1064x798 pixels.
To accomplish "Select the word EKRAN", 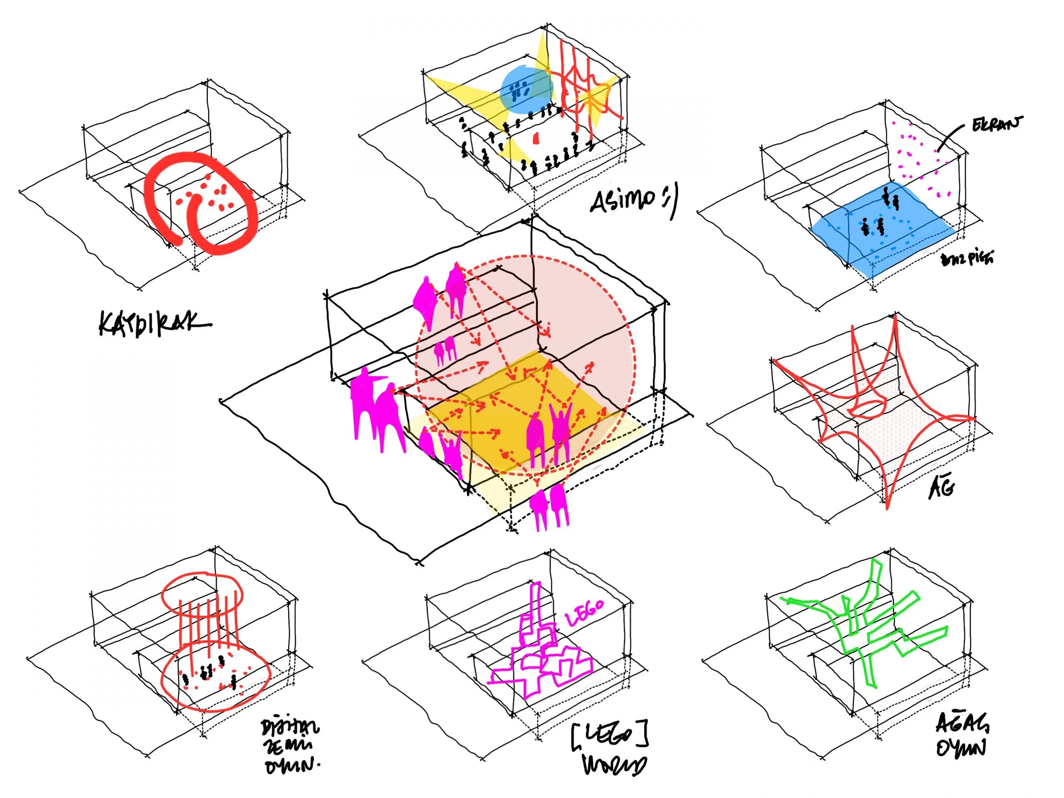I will pos(996,125).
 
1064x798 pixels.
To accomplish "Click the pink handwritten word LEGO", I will pos(584,612).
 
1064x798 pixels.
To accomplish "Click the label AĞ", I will pos(941,489).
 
